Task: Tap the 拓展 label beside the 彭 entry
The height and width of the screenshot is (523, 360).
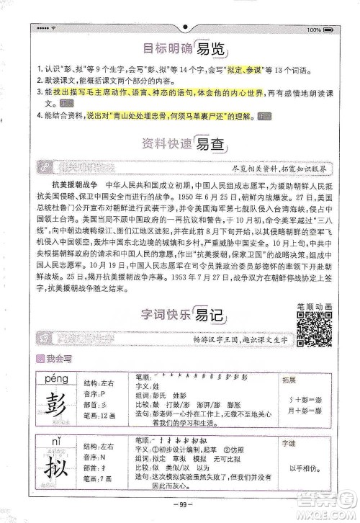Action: pos(288,377)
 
